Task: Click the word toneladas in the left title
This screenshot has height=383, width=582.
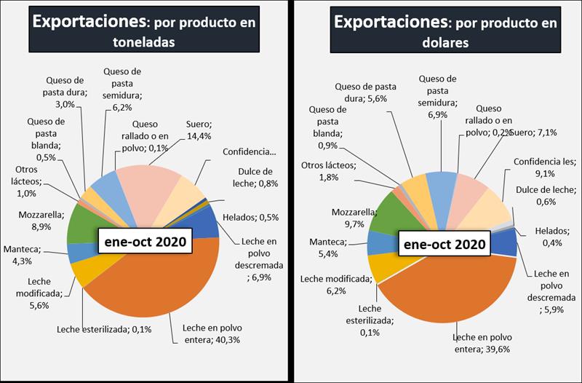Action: tap(143, 43)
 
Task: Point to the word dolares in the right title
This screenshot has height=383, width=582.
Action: tap(445, 43)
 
